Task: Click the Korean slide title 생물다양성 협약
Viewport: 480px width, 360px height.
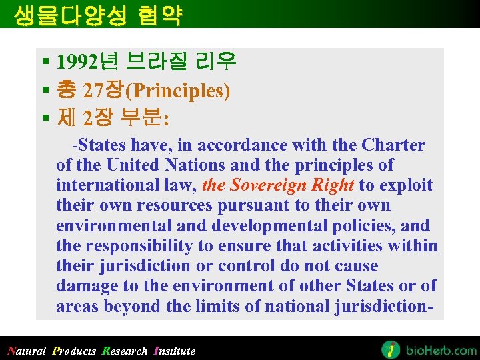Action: (97, 14)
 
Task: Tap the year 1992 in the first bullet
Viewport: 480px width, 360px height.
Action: (77, 63)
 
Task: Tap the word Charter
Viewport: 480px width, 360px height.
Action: (393, 145)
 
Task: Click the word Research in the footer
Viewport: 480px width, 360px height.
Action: (125, 351)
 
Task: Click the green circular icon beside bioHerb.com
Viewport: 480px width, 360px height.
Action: (391, 349)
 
